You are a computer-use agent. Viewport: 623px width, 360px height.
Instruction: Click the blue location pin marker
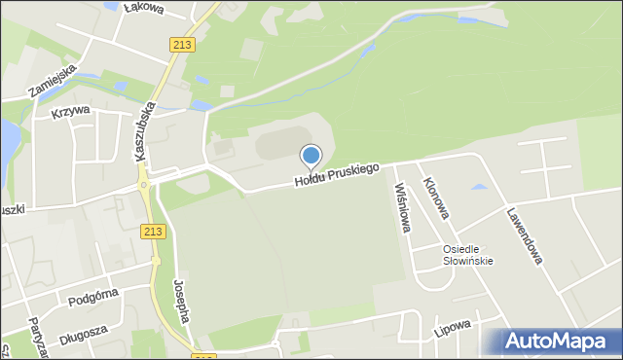click(311, 156)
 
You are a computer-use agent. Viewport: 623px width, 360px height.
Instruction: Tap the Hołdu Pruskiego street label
click(338, 175)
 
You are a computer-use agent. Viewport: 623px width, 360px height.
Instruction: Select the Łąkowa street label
click(144, 9)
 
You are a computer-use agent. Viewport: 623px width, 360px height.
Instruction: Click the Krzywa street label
click(70, 110)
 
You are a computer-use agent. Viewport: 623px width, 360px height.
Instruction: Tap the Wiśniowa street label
click(401, 207)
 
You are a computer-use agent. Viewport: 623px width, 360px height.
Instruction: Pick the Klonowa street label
click(435, 197)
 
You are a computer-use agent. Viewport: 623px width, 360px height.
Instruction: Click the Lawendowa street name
click(525, 239)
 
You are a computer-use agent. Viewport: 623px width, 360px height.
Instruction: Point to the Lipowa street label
click(453, 327)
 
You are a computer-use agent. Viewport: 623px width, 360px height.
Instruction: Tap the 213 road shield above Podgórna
click(152, 231)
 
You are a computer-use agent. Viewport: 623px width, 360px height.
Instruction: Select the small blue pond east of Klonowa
click(479, 185)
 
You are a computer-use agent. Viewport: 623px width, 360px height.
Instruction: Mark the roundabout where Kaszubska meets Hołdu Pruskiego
click(143, 182)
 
